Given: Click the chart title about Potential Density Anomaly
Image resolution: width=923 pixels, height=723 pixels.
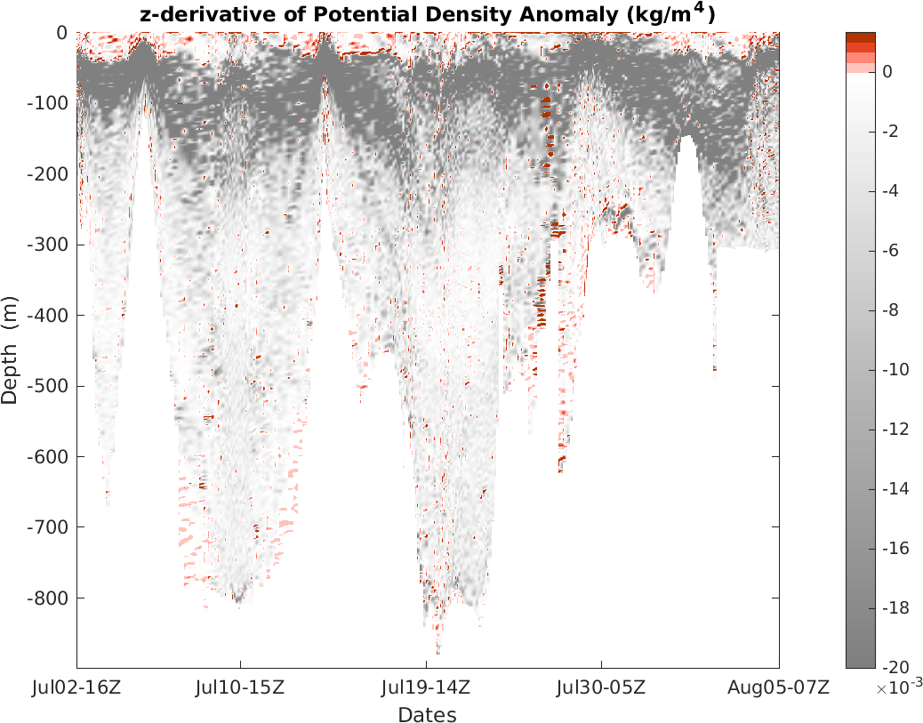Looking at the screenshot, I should (x=427, y=14).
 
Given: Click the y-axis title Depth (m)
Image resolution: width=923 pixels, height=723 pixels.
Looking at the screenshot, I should (x=10, y=349).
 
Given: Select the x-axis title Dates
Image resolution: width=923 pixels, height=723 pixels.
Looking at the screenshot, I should (x=427, y=715).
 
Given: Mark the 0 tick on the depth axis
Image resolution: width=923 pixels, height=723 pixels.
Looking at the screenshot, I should (x=63, y=33).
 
